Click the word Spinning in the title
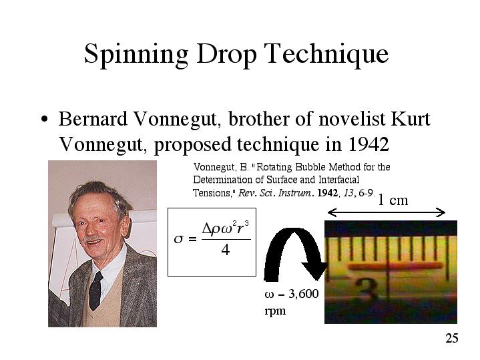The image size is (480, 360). [136, 55]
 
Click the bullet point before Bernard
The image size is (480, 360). [45, 119]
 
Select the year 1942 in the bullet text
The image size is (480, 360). [369, 144]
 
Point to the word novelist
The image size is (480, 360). [352, 119]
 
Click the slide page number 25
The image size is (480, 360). [451, 338]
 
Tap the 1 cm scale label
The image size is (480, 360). [393, 200]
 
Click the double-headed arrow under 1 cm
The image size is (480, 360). [387, 212]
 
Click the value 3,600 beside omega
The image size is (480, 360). [303, 294]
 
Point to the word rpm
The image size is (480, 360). [275, 311]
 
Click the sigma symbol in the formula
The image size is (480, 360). [178, 238]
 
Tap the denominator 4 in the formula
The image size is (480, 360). [225, 250]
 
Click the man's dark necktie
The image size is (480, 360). [96, 290]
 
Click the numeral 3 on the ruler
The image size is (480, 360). [369, 289]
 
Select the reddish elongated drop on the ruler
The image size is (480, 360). [396, 266]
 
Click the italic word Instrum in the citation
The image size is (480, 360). [294, 193]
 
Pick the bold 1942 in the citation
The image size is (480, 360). [327, 193]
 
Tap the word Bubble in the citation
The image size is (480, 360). [311, 167]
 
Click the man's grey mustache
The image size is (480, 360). [93, 238]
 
